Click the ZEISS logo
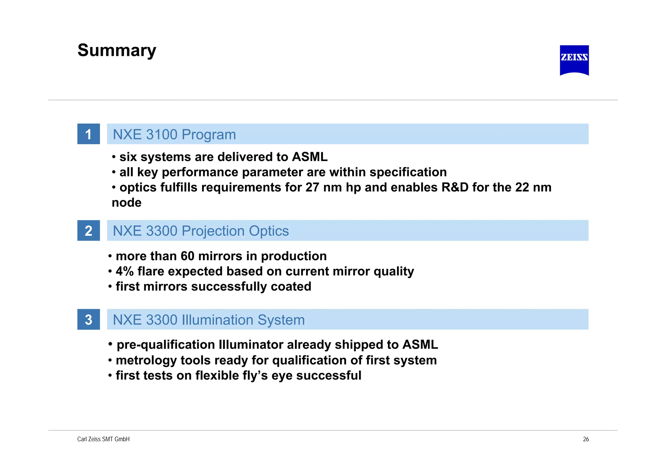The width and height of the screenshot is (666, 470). point(574,60)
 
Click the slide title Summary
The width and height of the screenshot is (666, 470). point(117,51)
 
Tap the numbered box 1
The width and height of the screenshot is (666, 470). point(88,134)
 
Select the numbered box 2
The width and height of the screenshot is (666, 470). point(88,231)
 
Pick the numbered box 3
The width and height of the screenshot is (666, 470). point(88,320)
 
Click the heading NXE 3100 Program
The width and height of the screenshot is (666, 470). point(174,134)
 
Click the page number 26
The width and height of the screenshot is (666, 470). point(586,439)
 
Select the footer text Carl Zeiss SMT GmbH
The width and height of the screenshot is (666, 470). point(103,439)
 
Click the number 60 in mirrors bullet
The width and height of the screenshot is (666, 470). point(187,256)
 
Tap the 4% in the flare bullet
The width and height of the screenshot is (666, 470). point(125,271)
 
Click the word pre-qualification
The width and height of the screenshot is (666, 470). point(166,345)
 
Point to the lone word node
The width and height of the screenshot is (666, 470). point(127,203)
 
